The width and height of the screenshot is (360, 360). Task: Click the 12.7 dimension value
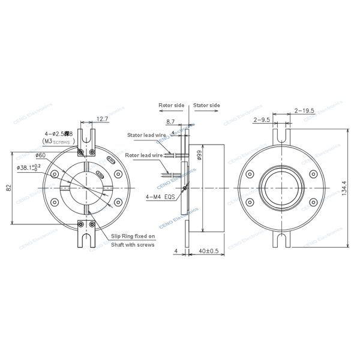click(103, 119)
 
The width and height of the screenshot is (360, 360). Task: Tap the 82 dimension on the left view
click(9, 187)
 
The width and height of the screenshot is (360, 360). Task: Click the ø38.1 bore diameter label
click(31, 167)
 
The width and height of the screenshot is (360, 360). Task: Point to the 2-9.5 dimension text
click(262, 120)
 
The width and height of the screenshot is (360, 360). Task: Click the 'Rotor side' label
click(171, 105)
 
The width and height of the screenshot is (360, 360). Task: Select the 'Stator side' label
click(206, 105)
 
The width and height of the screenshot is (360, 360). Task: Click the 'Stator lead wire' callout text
click(146, 136)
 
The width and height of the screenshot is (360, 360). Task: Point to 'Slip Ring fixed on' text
click(133, 236)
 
